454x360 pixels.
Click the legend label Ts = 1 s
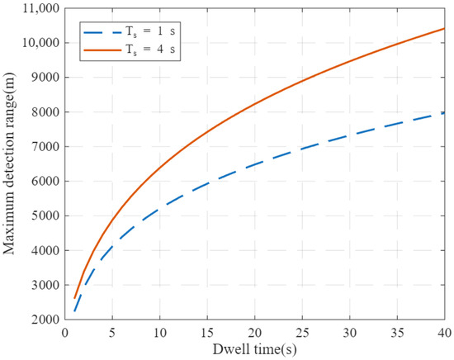click(150, 32)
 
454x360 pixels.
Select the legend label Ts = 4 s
click(150, 50)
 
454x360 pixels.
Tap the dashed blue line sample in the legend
click(102, 32)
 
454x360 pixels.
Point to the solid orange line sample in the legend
click(102, 50)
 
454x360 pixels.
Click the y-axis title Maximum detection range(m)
click(9, 163)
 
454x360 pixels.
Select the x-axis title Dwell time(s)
click(255, 349)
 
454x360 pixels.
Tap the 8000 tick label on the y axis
click(45, 112)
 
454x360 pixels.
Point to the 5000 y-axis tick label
click(45, 216)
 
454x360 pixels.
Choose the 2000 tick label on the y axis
click(45, 320)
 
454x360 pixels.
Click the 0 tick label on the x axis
click(65, 333)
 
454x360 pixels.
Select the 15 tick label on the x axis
click(207, 333)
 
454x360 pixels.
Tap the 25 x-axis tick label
click(302, 333)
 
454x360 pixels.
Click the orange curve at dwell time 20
click(255, 104)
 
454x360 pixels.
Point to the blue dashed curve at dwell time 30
click(350, 136)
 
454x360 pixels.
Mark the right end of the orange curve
click(444, 28)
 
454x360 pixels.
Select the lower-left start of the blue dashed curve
click(74, 311)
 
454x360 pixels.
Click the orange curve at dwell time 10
click(160, 167)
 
